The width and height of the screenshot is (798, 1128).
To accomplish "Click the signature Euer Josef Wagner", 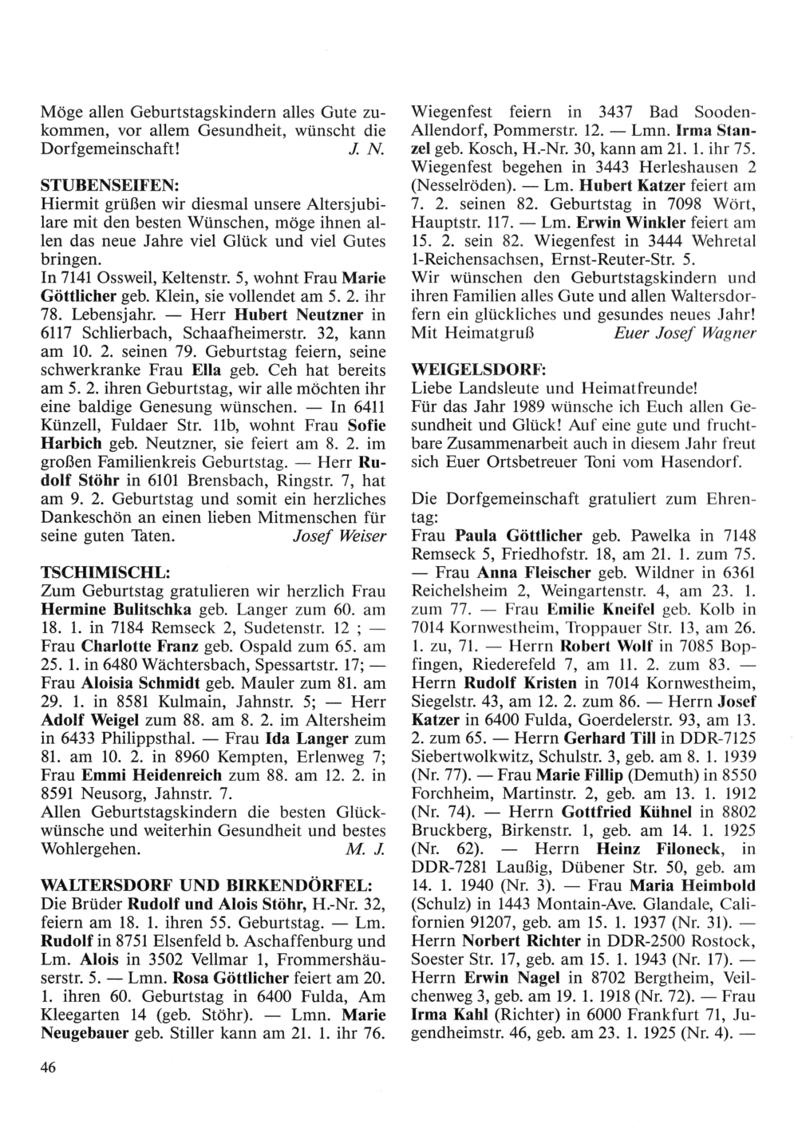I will point(685,332).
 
